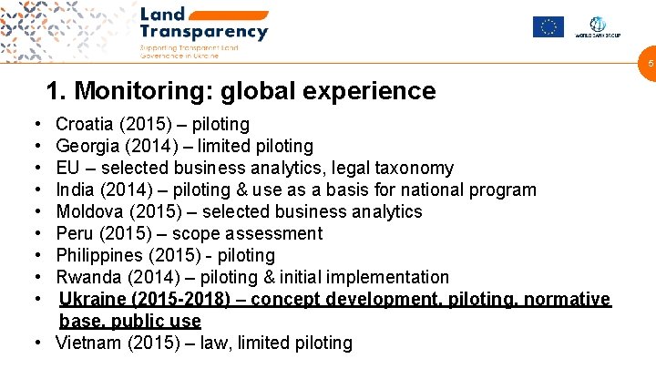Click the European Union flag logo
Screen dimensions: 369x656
click(548, 26)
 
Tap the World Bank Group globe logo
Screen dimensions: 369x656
click(599, 25)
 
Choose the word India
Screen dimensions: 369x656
click(76, 190)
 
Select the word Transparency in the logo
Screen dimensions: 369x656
click(204, 32)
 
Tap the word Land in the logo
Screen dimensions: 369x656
click(162, 14)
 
